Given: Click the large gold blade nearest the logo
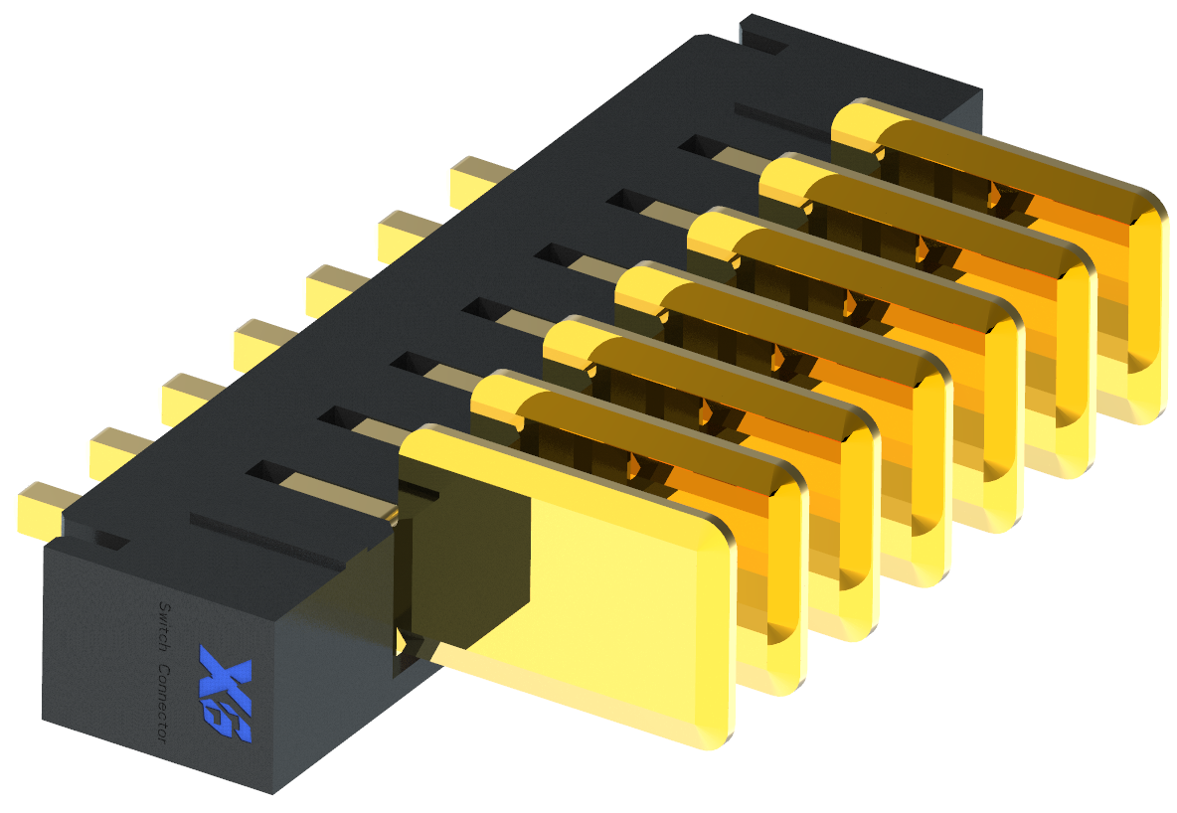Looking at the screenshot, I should (x=596, y=586).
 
